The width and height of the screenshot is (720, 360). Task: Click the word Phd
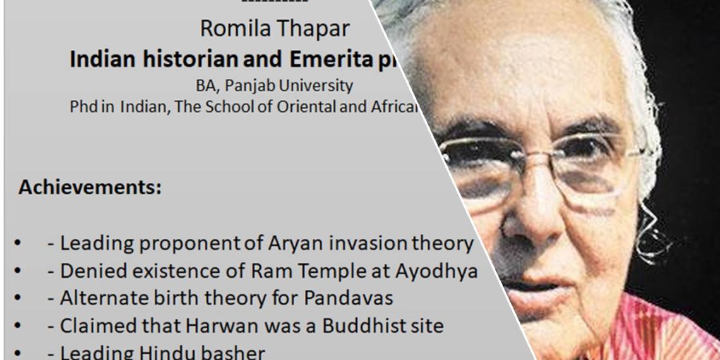tap(83, 107)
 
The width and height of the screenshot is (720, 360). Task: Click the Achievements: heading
tap(90, 188)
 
